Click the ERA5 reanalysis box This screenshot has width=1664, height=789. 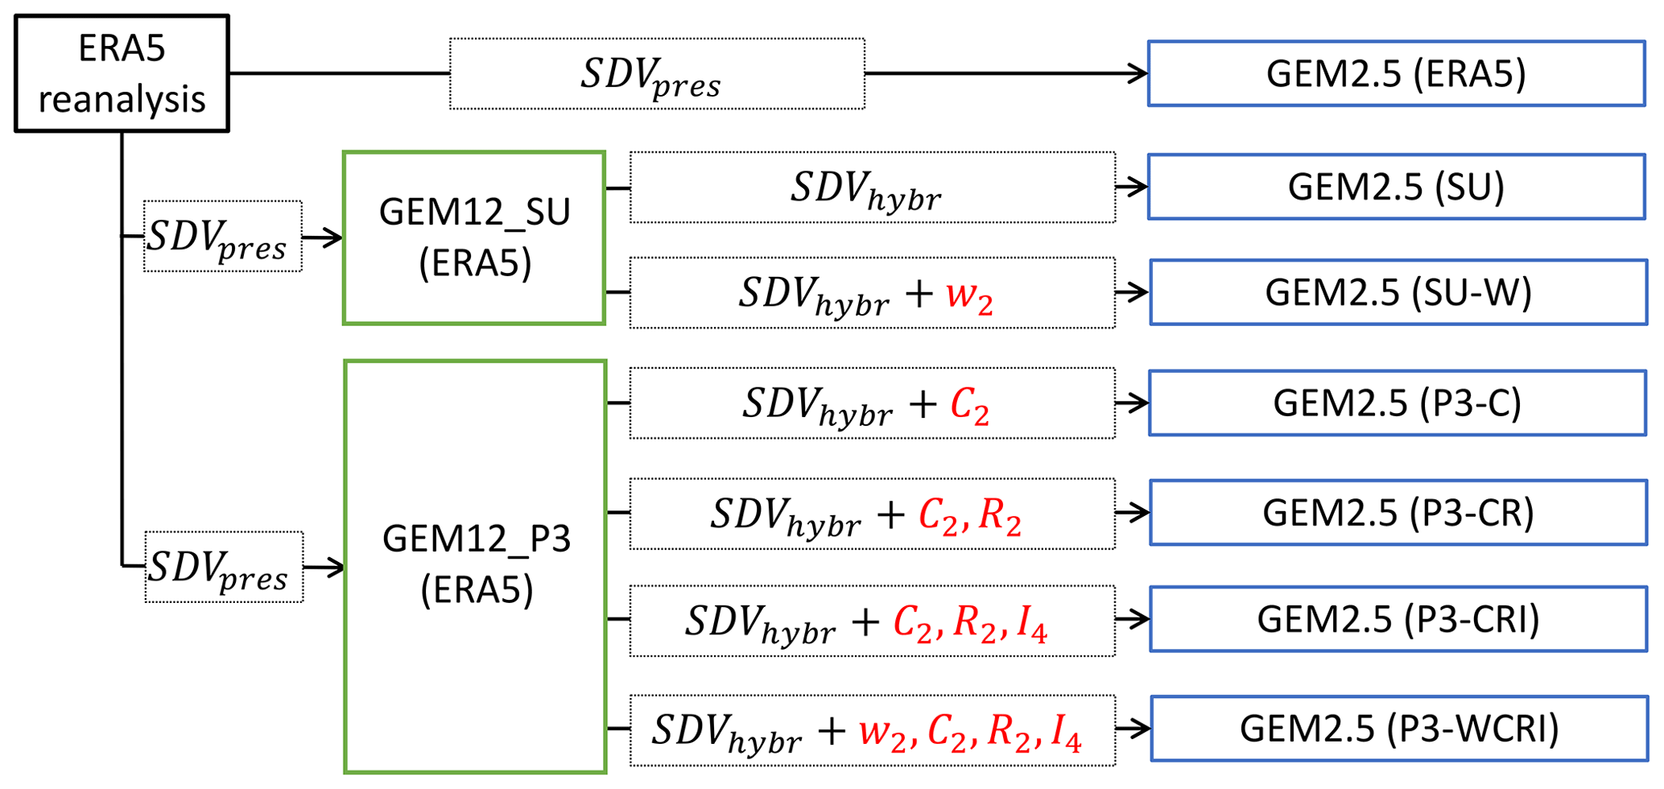(122, 73)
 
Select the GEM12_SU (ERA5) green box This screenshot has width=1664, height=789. (474, 238)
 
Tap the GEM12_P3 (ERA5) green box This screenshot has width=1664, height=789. (475, 566)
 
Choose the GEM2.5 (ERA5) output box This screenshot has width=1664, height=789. (1396, 73)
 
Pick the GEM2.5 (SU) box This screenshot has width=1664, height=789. (1396, 187)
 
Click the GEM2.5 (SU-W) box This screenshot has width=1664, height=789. (1398, 292)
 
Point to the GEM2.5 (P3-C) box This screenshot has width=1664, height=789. (1397, 403)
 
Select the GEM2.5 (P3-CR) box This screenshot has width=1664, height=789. (1398, 513)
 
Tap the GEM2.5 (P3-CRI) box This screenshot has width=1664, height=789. (1398, 619)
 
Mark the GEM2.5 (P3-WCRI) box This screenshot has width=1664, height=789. (1399, 729)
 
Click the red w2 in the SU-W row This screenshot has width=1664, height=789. (969, 295)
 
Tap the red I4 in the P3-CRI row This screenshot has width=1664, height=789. (1031, 623)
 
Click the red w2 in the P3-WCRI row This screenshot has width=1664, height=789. (882, 733)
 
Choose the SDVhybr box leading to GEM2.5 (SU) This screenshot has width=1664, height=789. (872, 188)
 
